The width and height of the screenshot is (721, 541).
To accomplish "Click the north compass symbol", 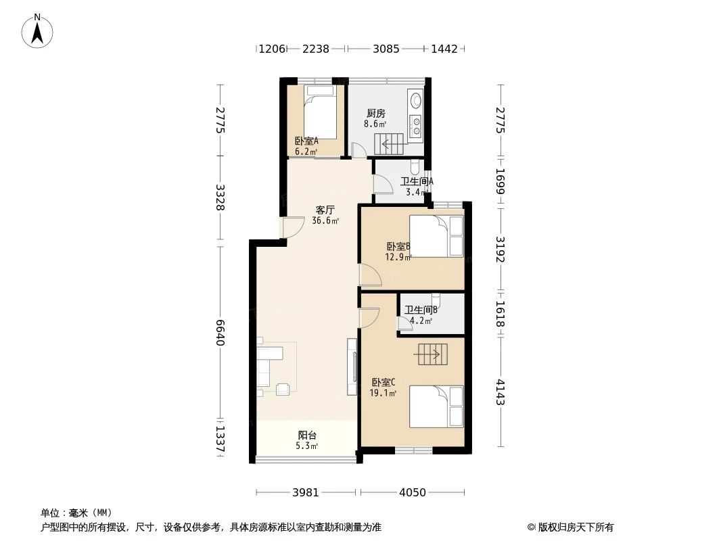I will [37, 30].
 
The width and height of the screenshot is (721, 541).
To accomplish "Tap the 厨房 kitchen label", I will [376, 114].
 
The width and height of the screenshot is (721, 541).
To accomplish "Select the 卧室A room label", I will [306, 141].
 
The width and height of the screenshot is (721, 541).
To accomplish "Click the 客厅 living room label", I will [325, 210].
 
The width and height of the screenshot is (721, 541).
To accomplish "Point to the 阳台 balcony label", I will [307, 436].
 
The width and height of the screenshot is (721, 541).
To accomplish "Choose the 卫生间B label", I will [421, 310].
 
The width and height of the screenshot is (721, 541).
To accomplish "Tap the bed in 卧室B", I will [436, 236].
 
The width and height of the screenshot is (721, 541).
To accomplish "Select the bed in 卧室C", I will [436, 406].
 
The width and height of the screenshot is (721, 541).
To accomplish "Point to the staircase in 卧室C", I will [432, 354].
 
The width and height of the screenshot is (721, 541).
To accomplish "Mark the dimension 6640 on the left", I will [219, 333].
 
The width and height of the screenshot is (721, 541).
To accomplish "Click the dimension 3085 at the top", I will [386, 49].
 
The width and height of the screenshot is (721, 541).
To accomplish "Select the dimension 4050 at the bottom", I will [412, 492].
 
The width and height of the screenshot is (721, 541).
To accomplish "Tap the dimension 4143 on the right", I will [500, 392].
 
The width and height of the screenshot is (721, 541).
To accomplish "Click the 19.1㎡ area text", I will [383, 392].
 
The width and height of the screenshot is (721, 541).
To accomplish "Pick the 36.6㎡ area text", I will [325, 220].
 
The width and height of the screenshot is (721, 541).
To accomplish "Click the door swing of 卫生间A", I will [383, 183].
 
